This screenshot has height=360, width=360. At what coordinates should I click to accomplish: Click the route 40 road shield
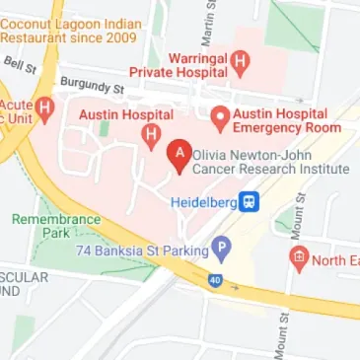click(214, 280)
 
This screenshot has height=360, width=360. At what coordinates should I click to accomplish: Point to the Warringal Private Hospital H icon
click(242, 63)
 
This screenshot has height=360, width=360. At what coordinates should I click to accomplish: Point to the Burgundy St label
click(91, 87)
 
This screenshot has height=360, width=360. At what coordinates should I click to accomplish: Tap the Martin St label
click(208, 27)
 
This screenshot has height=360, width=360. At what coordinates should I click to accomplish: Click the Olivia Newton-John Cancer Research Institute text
click(271, 162)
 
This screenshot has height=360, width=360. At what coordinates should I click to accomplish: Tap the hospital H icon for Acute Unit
click(44, 106)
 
